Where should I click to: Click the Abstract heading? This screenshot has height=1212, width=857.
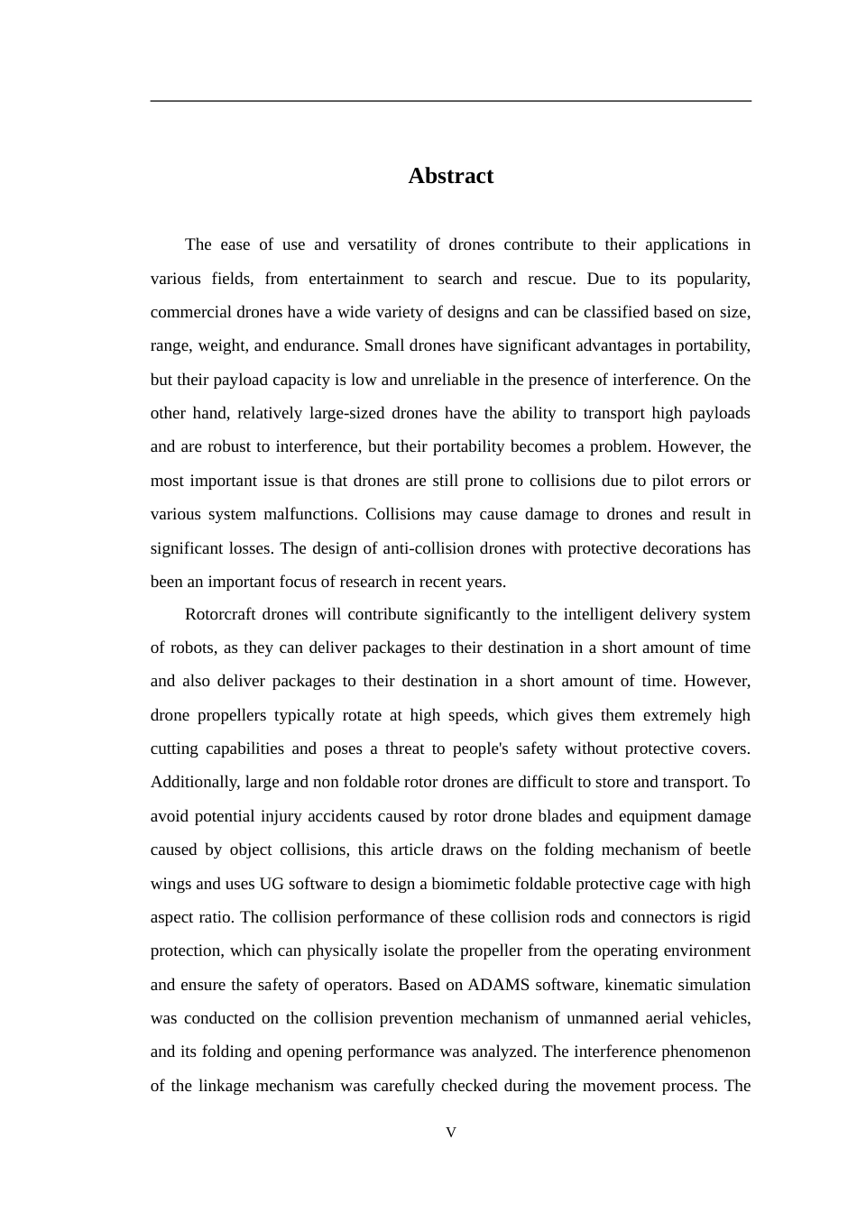tap(450, 176)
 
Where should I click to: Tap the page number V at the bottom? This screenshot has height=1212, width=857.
tap(451, 1133)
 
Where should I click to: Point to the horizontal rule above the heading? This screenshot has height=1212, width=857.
tap(450, 101)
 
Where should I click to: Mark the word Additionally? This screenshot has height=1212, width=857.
tap(194, 782)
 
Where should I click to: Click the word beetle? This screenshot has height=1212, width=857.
tap(728, 849)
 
